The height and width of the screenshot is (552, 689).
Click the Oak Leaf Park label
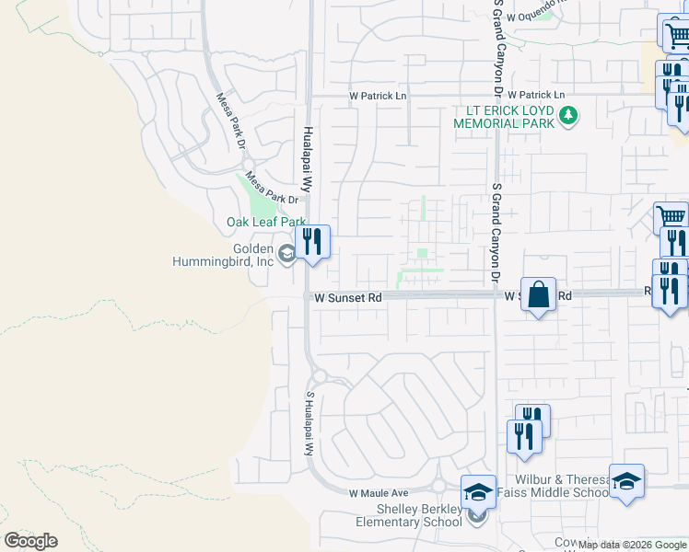[265, 222]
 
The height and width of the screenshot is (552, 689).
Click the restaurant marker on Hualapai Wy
[313, 243]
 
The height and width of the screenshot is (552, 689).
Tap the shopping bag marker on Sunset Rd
[539, 295]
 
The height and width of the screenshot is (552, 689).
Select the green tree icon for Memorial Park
[569, 116]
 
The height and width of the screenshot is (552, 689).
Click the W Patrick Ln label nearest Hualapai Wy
[378, 96]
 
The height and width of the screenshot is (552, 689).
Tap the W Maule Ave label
[378, 494]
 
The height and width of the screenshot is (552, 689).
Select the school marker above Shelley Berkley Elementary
[478, 492]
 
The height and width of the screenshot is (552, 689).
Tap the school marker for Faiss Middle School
[626, 481]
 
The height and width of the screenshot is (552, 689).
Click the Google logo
[30, 541]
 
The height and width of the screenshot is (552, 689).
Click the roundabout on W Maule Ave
[439, 486]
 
